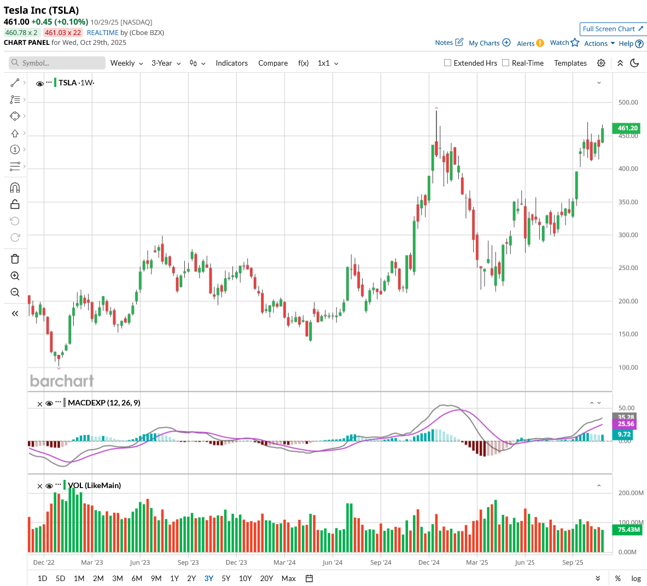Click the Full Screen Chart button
[613, 29]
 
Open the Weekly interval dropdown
[126, 63]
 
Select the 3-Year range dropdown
[166, 63]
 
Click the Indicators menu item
[231, 63]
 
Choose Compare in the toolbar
[273, 63]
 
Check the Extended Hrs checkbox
[448, 63]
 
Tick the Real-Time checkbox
[506, 63]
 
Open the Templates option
[570, 63]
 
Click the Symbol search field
[57, 63]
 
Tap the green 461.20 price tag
[627, 128]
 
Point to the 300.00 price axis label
[628, 235]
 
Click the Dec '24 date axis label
[429, 562]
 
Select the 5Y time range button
[226, 578]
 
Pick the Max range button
[288, 578]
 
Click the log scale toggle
[636, 578]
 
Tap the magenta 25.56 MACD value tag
[626, 424]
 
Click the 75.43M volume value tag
[628, 530]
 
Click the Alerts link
[530, 43]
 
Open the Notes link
[449, 43]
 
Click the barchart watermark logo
[62, 381]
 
